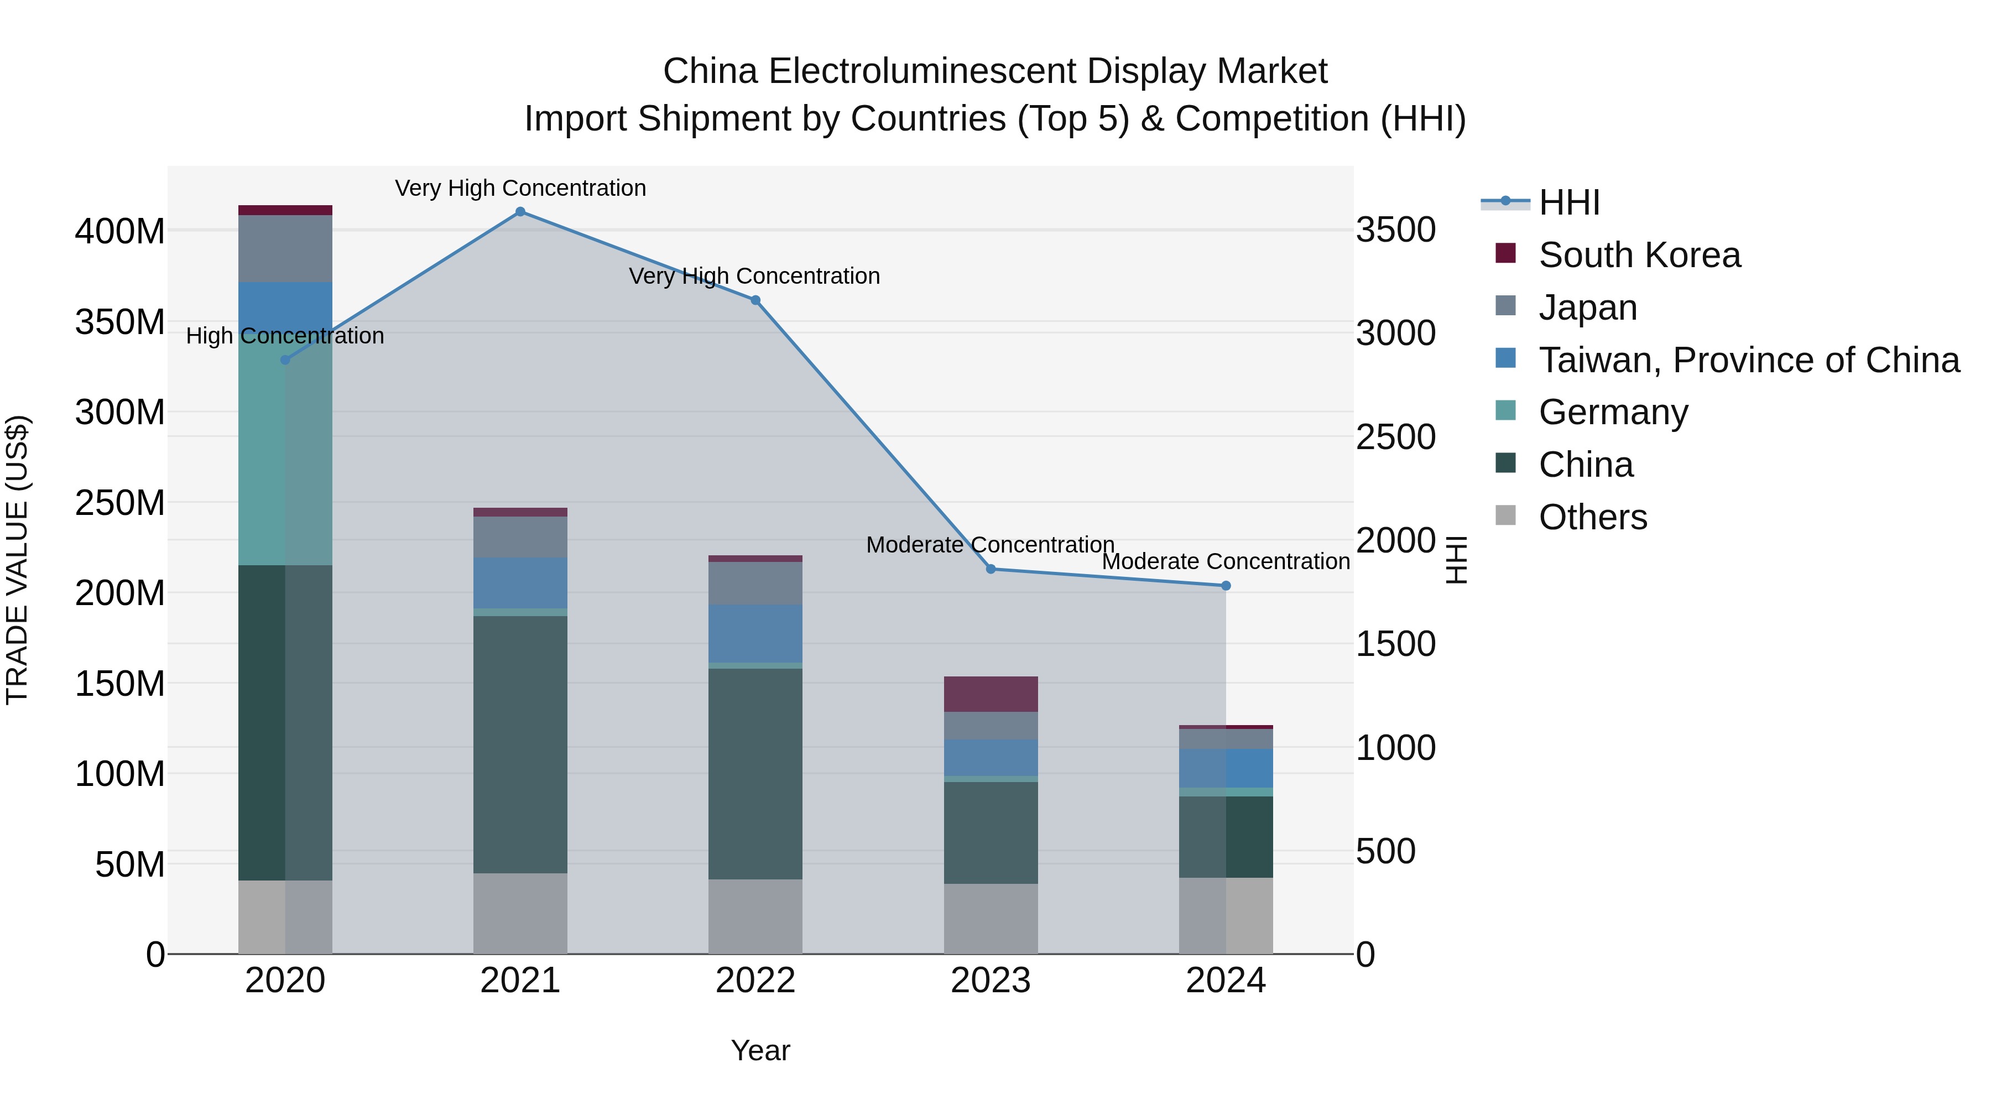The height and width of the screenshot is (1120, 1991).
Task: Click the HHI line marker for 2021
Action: pos(520,212)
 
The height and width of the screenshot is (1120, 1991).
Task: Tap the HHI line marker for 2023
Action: pos(991,569)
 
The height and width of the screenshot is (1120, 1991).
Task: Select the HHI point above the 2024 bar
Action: pos(1226,586)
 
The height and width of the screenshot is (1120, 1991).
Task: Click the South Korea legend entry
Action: pos(1639,255)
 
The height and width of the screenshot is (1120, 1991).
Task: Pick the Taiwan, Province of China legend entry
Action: pos(1748,360)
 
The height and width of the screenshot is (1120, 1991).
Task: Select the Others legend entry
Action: pos(1592,517)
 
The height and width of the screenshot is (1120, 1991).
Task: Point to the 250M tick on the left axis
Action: pos(120,503)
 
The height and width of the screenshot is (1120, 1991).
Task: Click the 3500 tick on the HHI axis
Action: pos(1396,230)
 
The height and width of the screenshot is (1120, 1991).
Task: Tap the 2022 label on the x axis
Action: pos(755,981)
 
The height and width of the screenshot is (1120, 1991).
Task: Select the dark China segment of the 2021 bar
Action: pos(520,742)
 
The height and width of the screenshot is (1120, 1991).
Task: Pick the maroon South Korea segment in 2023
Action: pos(991,694)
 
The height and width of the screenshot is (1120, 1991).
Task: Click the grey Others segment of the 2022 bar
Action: pos(755,916)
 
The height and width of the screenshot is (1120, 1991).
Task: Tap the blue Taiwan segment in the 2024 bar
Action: pos(1226,768)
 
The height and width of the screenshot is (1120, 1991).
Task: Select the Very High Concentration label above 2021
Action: pos(520,189)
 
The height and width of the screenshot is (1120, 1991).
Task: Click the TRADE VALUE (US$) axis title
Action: pos(17,560)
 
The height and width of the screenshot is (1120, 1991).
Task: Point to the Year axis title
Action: pos(760,1050)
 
